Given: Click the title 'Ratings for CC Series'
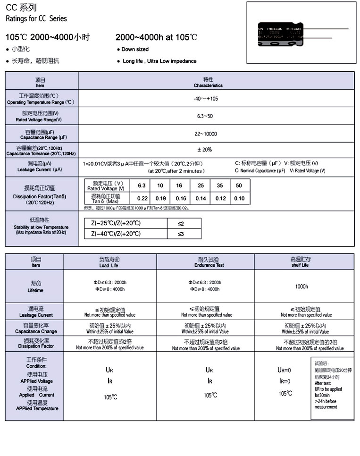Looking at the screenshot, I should [36, 19].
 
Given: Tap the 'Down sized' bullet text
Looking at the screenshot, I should [135, 50].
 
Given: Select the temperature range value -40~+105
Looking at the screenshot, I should [206, 99].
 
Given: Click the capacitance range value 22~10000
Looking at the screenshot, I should [206, 134].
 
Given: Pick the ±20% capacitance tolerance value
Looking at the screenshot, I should [206, 150].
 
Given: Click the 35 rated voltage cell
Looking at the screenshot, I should [220, 186].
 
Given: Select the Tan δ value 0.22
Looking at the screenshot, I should [142, 199].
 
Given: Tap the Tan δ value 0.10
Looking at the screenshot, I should [239, 199].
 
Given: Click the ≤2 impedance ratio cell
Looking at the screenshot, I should [181, 223].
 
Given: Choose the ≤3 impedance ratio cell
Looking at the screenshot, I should [181, 234].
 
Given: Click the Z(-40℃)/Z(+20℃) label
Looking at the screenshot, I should [116, 234].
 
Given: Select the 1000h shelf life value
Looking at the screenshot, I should [301, 287].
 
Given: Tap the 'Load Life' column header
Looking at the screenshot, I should [109, 262].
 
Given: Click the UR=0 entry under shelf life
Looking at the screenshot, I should [284, 371].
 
